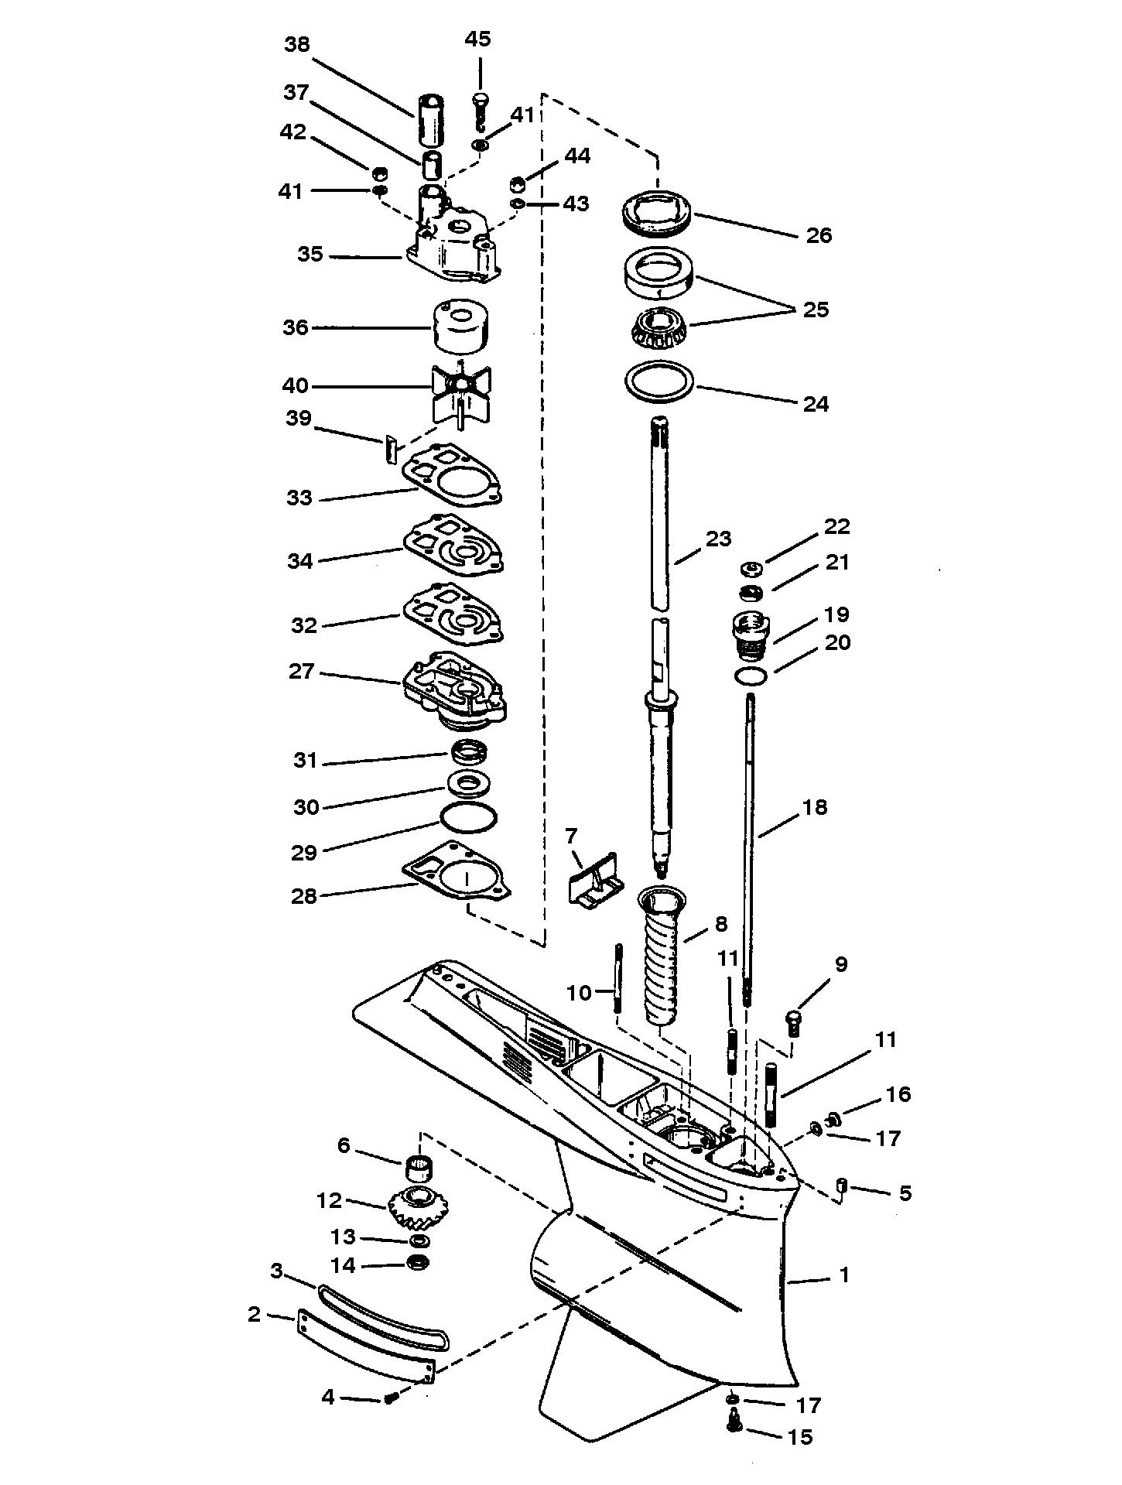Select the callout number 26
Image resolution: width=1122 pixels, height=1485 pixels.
tap(819, 235)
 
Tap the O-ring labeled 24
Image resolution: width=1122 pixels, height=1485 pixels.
tap(659, 384)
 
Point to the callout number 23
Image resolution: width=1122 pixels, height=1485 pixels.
tap(718, 539)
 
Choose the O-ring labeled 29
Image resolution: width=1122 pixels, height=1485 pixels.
tap(467, 817)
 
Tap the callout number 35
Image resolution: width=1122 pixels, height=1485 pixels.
tap(310, 254)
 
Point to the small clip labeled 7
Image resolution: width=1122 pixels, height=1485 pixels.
tap(592, 879)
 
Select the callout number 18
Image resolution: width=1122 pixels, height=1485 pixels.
tap(815, 807)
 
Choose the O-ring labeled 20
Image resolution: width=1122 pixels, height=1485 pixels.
tap(751, 676)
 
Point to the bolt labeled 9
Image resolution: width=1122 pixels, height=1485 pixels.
tap(795, 1022)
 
